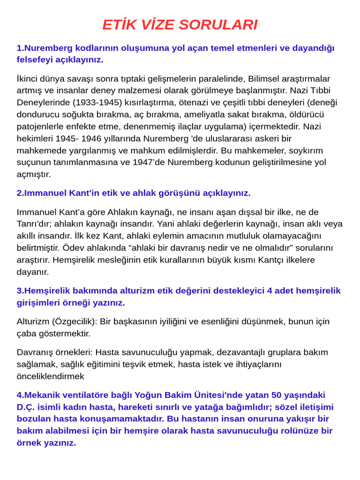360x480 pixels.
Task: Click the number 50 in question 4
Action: [x=277, y=395]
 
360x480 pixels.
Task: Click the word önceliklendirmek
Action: [x=51, y=376]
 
